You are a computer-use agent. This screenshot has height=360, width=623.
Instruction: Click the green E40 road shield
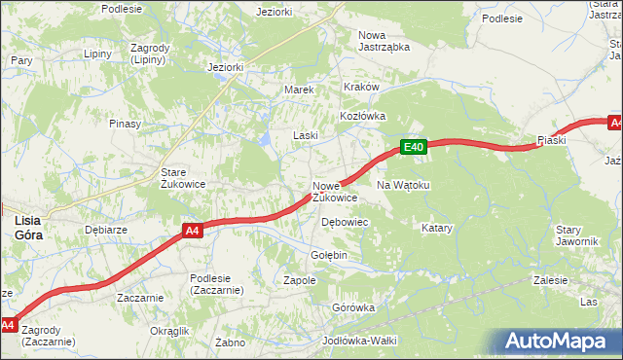point(414,147)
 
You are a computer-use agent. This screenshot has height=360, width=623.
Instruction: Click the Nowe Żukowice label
point(334,191)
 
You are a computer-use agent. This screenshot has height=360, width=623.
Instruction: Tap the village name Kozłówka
point(362,115)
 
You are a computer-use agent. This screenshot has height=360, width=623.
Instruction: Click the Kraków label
point(359,87)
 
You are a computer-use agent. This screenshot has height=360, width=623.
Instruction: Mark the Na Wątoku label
point(402,184)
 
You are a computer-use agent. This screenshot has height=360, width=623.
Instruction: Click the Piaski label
point(552,140)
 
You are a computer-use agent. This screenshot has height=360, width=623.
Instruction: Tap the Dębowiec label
point(344,222)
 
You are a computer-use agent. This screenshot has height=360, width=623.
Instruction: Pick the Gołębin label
point(328,255)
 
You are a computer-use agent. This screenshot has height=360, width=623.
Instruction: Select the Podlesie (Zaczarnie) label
point(216,284)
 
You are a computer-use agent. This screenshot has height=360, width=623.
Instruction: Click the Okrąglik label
point(169,331)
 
